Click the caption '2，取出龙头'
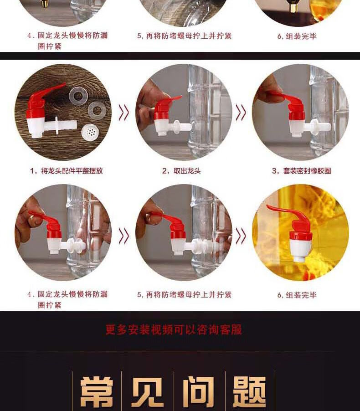click(181, 171)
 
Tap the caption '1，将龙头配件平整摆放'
click(67, 171)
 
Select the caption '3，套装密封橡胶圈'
click(301, 171)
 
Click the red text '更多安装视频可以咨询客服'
click(174, 329)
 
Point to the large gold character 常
click(97, 392)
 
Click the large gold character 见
click(147, 392)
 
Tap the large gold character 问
click(199, 392)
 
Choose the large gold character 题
click(249, 392)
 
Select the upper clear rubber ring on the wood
click(77, 96)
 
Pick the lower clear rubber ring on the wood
click(97, 111)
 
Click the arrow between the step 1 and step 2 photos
click(124, 113)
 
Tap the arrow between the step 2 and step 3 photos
click(241, 113)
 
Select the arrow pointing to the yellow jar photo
click(241, 236)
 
